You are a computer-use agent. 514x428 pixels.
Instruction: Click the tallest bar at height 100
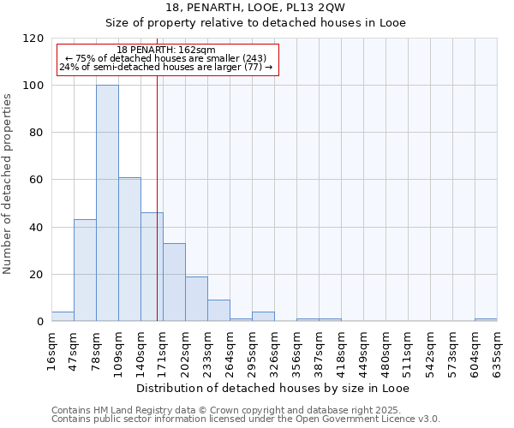tap(107, 204)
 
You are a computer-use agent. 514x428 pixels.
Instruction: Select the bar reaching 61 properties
tap(129, 249)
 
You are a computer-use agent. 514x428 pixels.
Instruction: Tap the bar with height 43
tap(85, 270)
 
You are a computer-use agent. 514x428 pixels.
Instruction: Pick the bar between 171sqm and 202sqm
tap(174, 282)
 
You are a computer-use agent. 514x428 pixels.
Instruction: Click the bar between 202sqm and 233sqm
tap(196, 299)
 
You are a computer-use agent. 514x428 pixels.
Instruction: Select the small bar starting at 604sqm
tap(486, 320)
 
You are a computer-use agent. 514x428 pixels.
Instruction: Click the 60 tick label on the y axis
tap(35, 180)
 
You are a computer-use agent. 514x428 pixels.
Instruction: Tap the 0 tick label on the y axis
tap(39, 322)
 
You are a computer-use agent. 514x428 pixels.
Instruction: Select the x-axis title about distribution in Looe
tap(272, 389)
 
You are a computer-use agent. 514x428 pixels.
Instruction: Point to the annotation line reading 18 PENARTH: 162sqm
tap(166, 51)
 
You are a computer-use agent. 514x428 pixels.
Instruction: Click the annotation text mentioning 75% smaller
tap(166, 58)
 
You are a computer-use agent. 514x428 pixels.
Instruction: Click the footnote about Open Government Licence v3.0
tap(246, 419)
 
